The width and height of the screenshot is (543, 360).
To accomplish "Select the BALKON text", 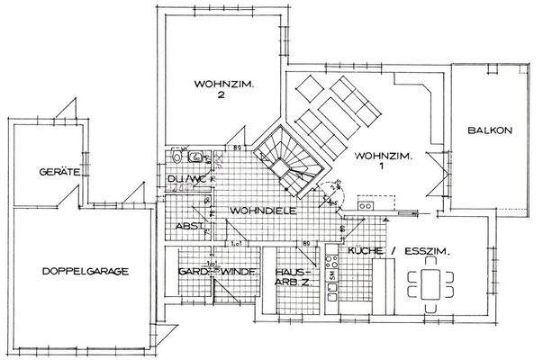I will point(489,130).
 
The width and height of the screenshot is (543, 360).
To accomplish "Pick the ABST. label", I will point(188,226).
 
